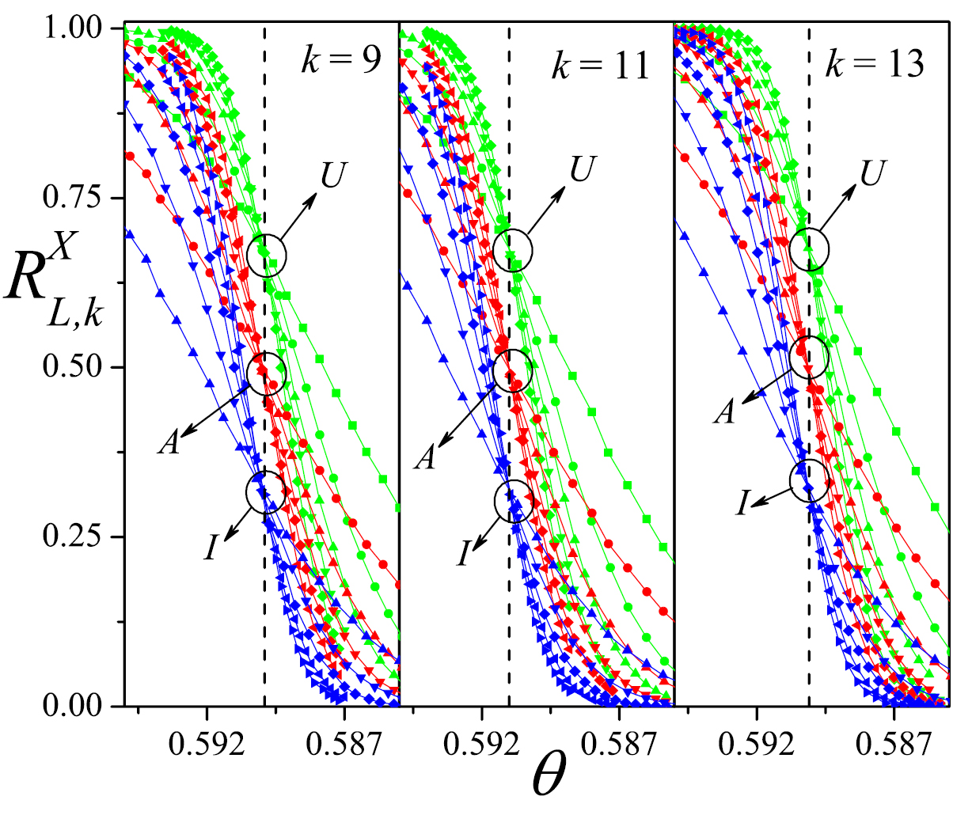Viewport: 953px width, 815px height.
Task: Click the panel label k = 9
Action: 342,62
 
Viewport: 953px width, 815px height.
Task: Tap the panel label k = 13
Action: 874,63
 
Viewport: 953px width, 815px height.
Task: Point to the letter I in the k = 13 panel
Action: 742,502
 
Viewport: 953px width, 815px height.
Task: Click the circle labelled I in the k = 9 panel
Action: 266,492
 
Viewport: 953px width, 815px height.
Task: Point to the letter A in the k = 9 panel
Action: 168,443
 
